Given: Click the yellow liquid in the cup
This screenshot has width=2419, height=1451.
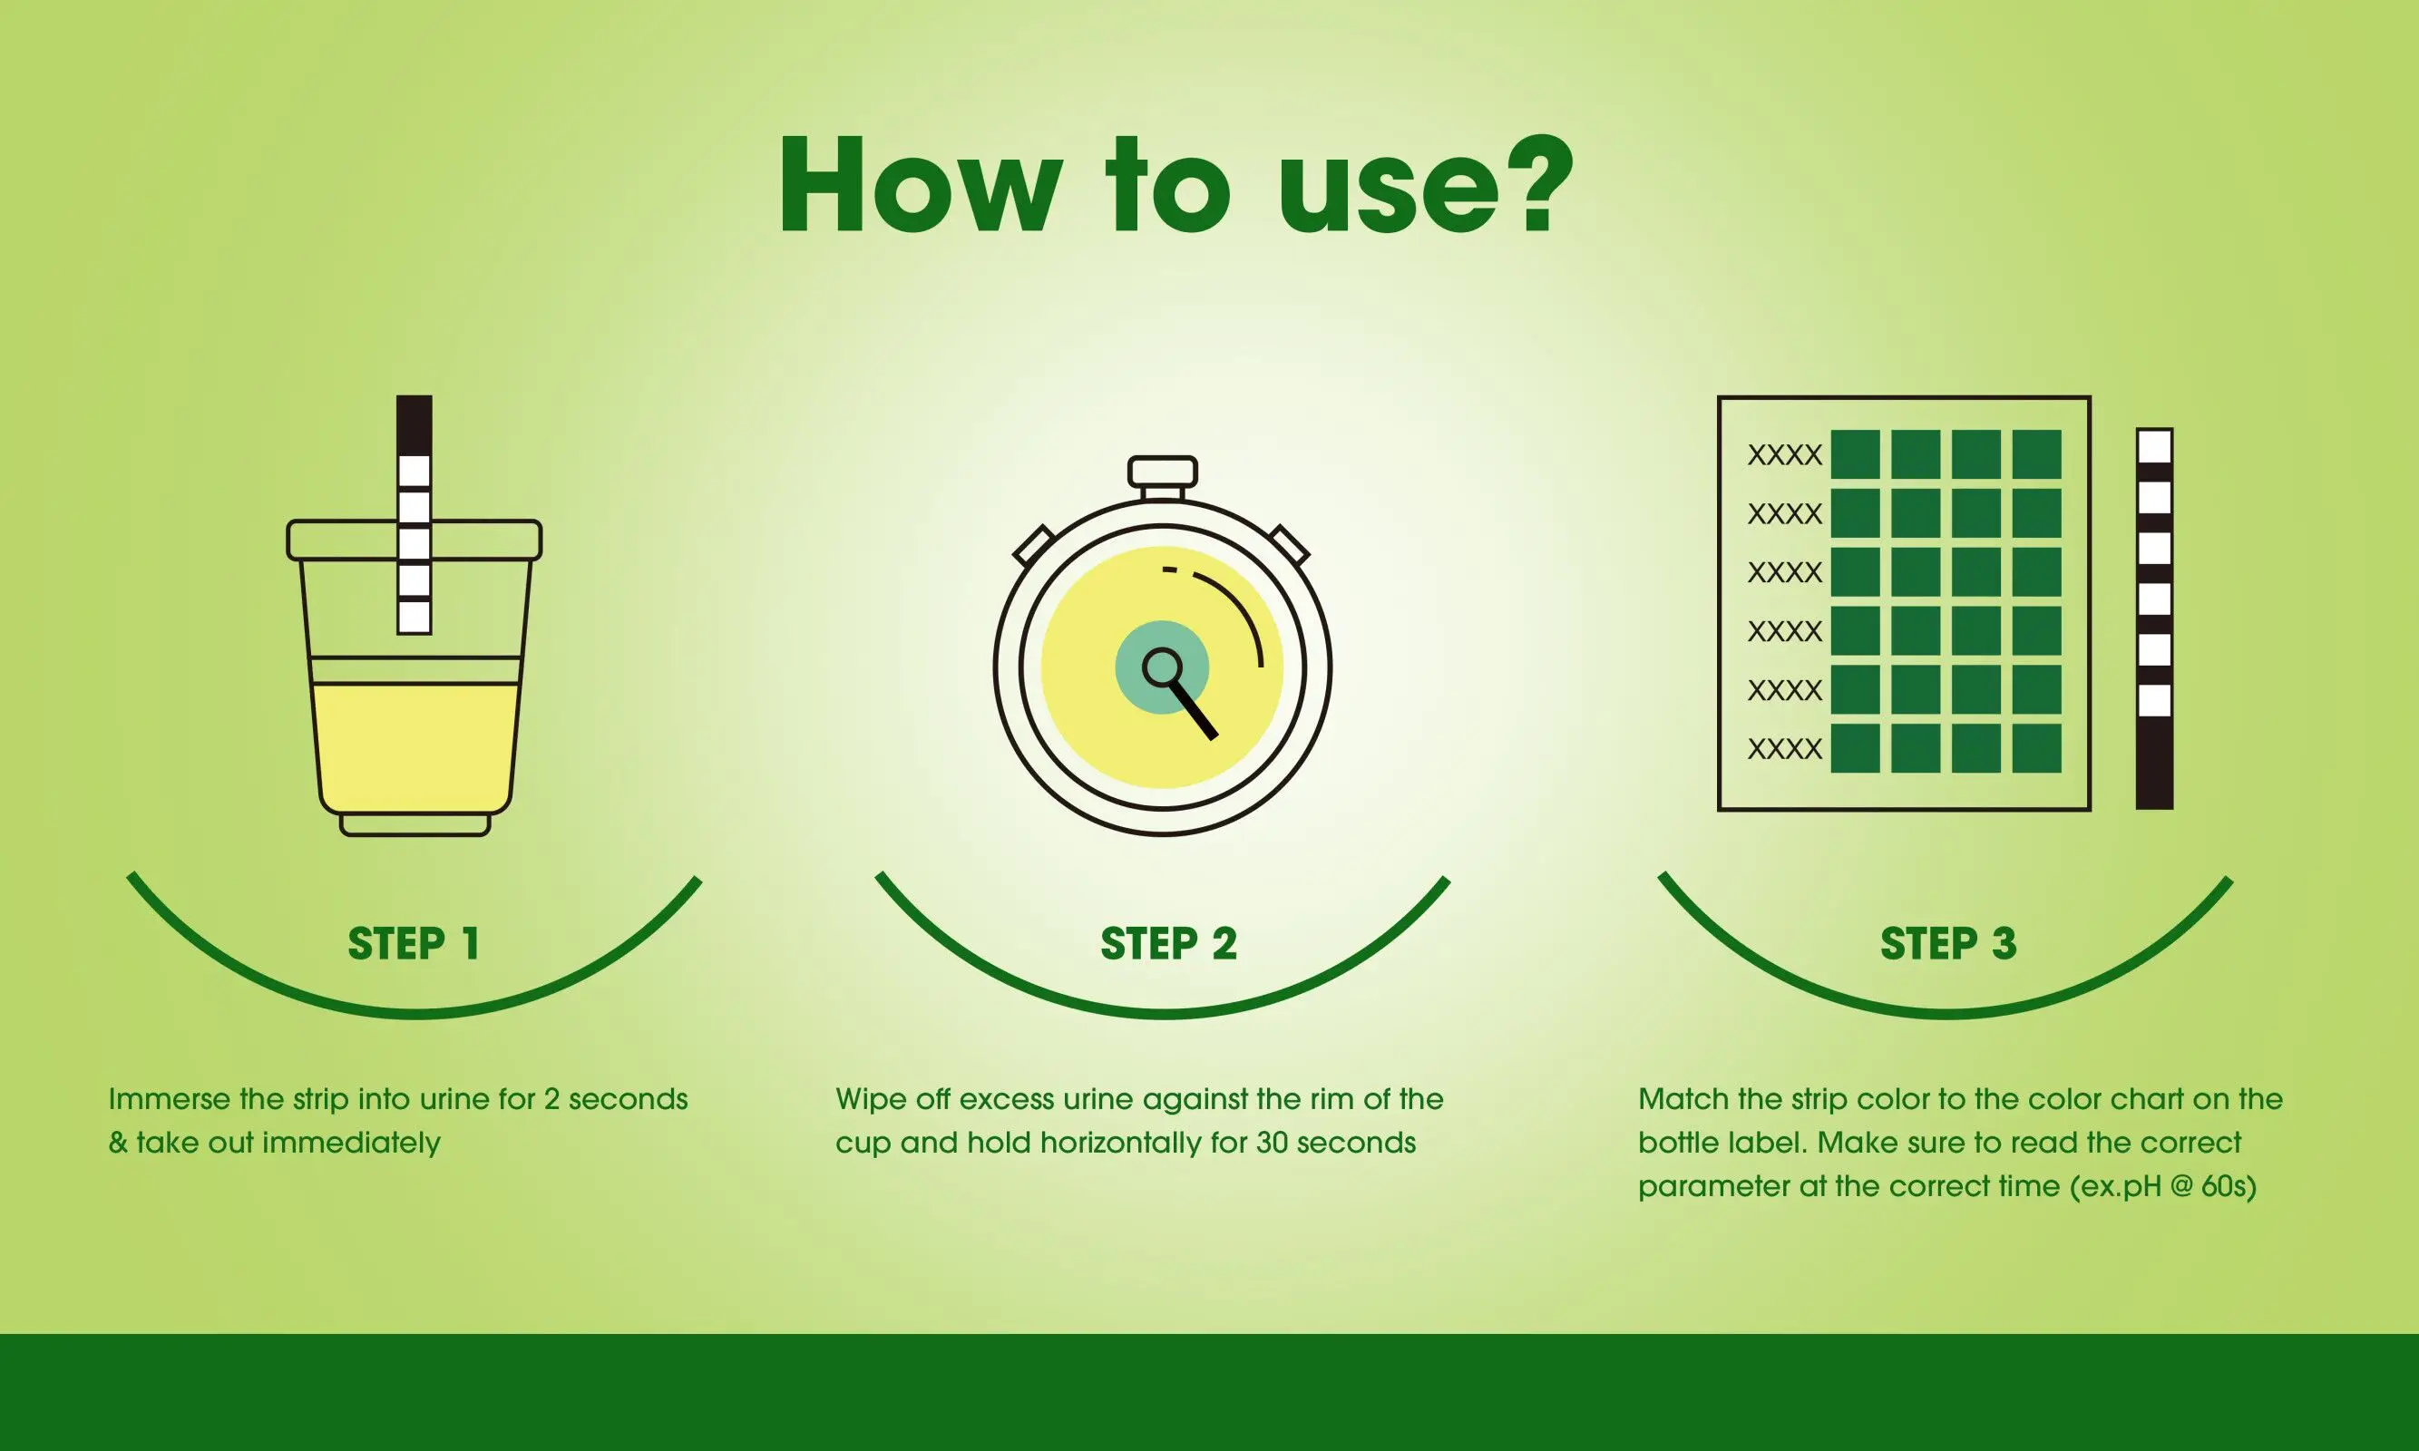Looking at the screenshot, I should pyautogui.click(x=415, y=743).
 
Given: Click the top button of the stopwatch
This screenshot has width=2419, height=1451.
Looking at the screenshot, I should pyautogui.click(x=1162, y=472).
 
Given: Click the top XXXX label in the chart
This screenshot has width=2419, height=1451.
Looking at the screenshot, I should pyautogui.click(x=1784, y=455).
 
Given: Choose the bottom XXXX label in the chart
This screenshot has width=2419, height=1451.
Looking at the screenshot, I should pyautogui.click(x=1784, y=749).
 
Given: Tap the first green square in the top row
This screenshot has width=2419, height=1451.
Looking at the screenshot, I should pyautogui.click(x=1855, y=454).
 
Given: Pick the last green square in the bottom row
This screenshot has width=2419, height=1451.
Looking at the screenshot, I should pyautogui.click(x=2036, y=748).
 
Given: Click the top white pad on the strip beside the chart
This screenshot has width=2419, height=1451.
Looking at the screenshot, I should pyautogui.click(x=2154, y=448).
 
